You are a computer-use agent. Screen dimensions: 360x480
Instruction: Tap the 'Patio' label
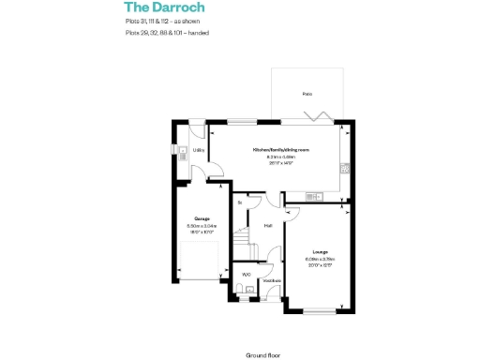(307, 95)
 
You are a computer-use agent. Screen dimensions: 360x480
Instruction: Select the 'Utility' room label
(199, 150)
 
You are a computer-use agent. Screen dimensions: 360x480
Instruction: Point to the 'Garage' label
(202, 219)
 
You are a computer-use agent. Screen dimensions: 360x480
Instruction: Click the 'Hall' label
(268, 226)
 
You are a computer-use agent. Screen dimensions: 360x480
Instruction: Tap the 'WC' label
(246, 274)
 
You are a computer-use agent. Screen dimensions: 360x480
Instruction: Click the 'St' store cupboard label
(241, 202)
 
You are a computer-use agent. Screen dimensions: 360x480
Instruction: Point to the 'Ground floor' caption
(264, 355)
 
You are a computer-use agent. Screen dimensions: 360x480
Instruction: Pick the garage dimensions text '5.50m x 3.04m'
(202, 226)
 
